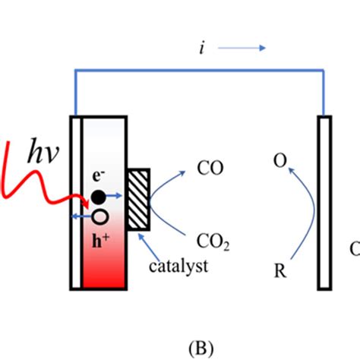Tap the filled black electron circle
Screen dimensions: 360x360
click(x=98, y=197)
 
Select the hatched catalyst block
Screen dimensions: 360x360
click(x=139, y=199)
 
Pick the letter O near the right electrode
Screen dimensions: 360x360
click(x=279, y=162)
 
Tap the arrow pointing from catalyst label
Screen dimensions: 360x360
click(x=154, y=242)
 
